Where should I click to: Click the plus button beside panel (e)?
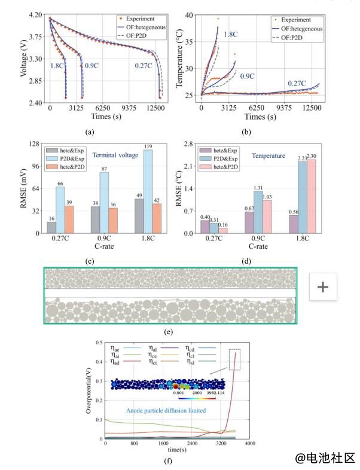point(323,287)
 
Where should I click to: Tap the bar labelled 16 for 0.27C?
point(51,227)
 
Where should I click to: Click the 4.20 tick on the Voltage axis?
point(35,14)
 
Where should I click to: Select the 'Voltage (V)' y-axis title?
point(23,59)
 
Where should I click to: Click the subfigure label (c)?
point(90,260)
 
